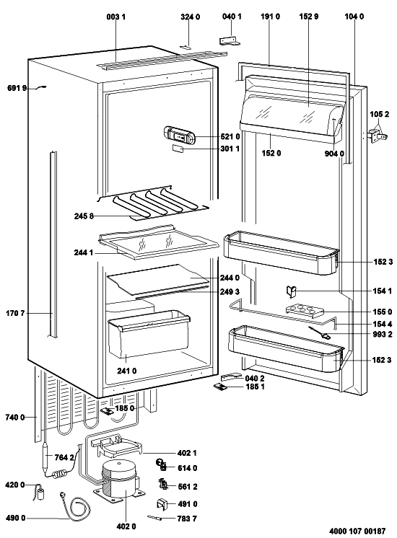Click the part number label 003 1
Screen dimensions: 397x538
pyautogui.click(x=115, y=17)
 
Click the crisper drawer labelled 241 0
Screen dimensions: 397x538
pyautogui.click(x=149, y=332)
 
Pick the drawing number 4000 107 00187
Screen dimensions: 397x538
pyautogui.click(x=357, y=531)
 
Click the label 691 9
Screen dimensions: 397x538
pyautogui.click(x=17, y=88)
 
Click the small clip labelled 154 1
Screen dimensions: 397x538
pyautogui.click(x=291, y=292)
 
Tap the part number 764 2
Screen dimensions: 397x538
pyautogui.click(x=64, y=457)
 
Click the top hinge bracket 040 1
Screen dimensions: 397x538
pyautogui.click(x=230, y=41)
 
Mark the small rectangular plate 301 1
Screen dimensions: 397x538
pyautogui.click(x=178, y=149)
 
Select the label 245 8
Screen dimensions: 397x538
pyautogui.click(x=84, y=216)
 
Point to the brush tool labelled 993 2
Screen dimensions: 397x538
pyautogui.click(x=320, y=332)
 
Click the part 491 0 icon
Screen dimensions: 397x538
pyautogui.click(x=162, y=503)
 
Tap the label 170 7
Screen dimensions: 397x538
pyautogui.click(x=15, y=313)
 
